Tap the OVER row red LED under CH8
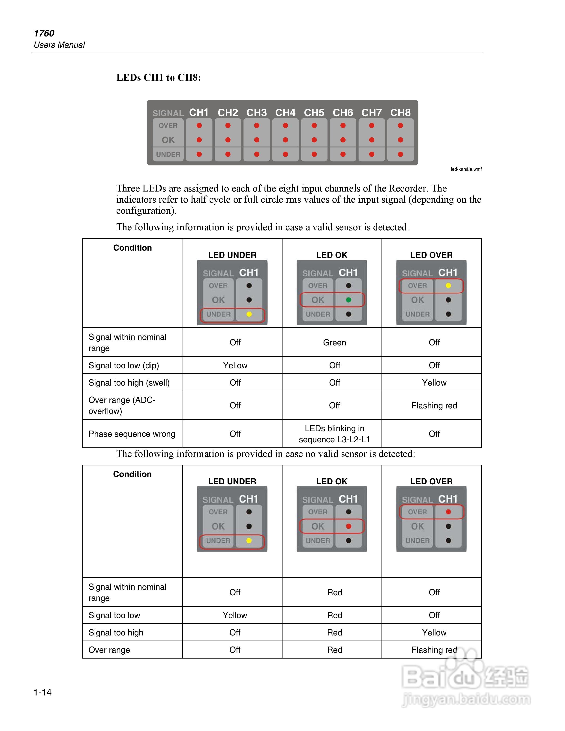[x=400, y=126]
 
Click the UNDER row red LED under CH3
[x=257, y=154]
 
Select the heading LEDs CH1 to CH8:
[x=159, y=78]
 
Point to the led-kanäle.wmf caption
[x=466, y=169]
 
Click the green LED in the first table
[x=349, y=300]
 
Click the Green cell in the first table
[x=334, y=342]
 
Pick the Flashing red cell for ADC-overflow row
[x=434, y=405]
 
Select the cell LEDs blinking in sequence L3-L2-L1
[x=334, y=434]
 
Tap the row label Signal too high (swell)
[x=129, y=383]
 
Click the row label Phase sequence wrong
[x=132, y=434]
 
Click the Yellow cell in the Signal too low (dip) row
[x=235, y=365]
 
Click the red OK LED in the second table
[x=349, y=526]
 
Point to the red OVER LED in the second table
[x=448, y=512]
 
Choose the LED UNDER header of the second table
[x=232, y=481]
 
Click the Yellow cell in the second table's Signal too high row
[x=434, y=632]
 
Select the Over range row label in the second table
[x=109, y=650]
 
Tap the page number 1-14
[x=42, y=692]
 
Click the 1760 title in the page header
[x=44, y=33]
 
